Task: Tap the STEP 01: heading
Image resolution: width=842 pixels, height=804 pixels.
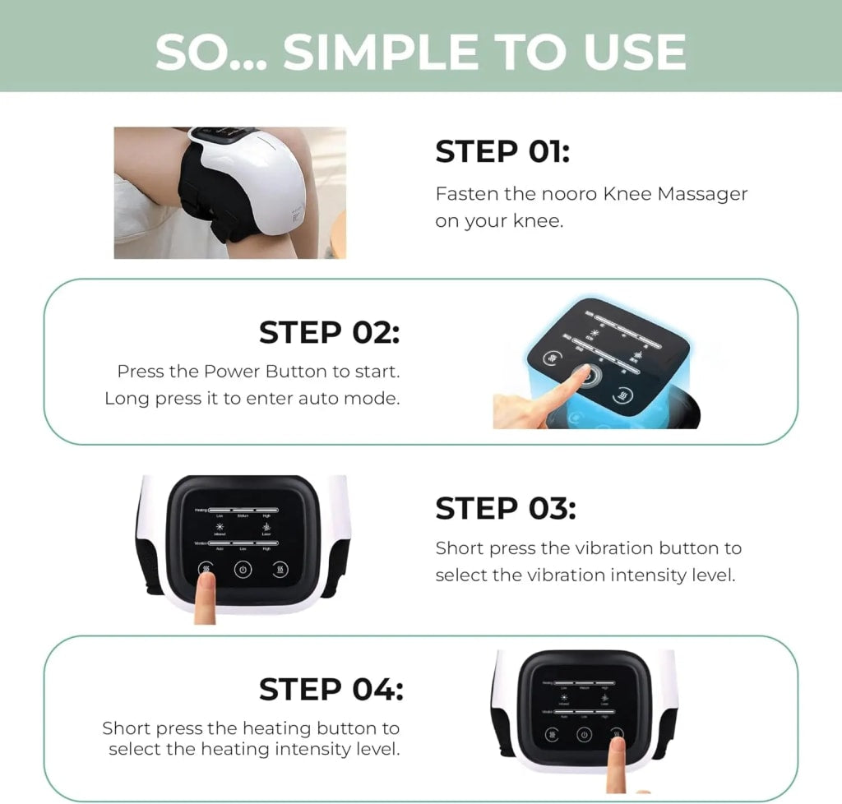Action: pos(502,152)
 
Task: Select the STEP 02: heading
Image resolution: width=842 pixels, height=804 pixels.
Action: pos(329,332)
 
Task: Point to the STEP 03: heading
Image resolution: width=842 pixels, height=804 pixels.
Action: pos(505,508)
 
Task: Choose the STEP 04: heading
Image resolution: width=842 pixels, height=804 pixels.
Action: pos(331,688)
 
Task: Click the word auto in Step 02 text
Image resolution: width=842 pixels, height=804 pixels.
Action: pos(326,399)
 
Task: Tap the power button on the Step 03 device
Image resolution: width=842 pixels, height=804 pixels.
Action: pos(243,569)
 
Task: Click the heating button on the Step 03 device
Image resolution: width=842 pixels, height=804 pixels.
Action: pos(281,569)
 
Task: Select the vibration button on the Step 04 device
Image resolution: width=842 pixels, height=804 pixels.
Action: pos(547,734)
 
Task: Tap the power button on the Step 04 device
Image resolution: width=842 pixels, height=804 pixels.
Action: pos(582,734)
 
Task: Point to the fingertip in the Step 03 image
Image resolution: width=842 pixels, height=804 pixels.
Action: pos(206,580)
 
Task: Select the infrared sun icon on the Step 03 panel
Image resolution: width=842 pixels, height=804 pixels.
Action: pos(220,526)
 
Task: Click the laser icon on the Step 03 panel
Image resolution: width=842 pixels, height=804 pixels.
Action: pos(266,526)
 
